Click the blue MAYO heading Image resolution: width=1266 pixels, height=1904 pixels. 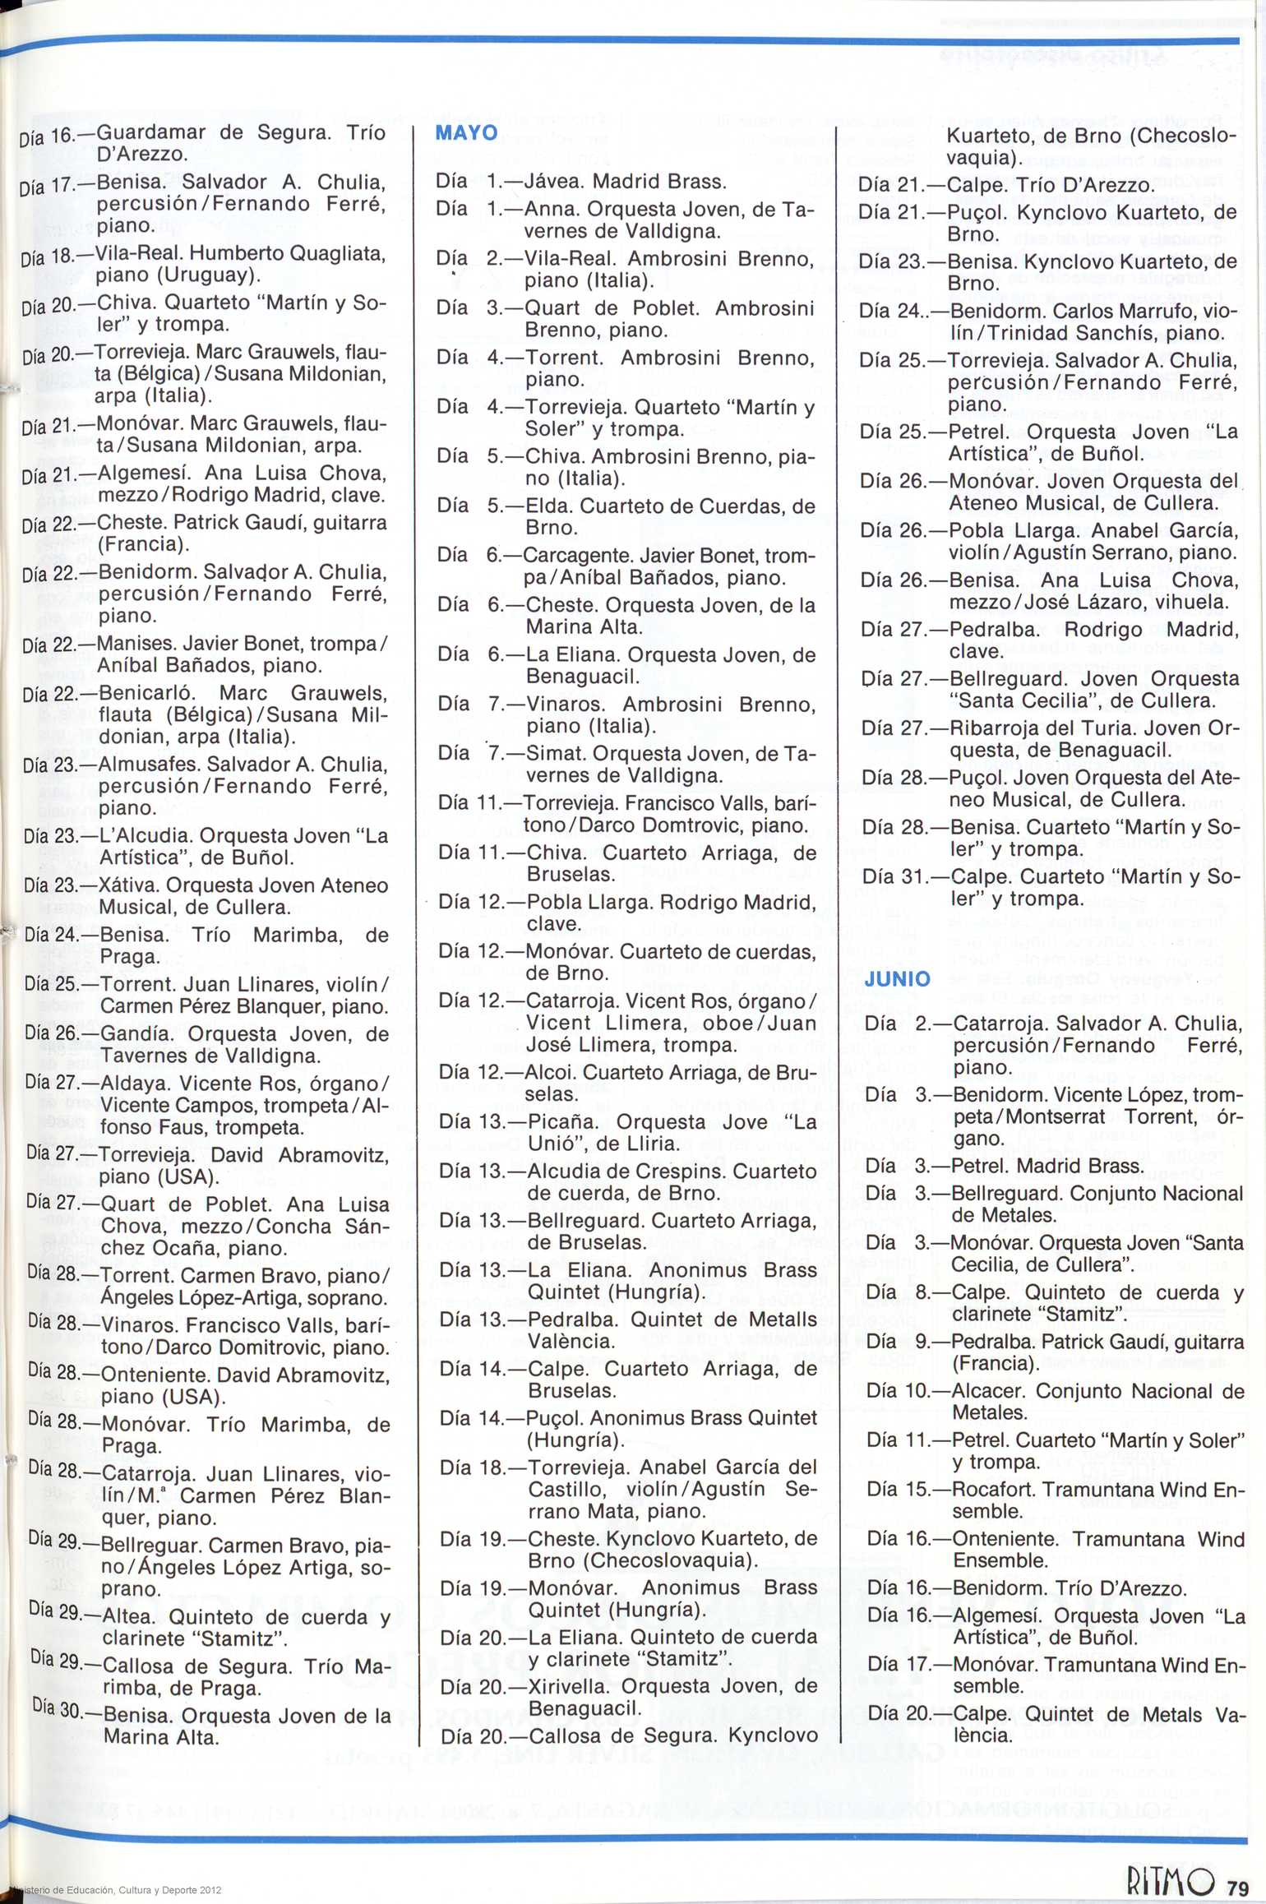point(466,133)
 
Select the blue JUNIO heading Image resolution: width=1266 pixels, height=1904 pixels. point(897,979)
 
